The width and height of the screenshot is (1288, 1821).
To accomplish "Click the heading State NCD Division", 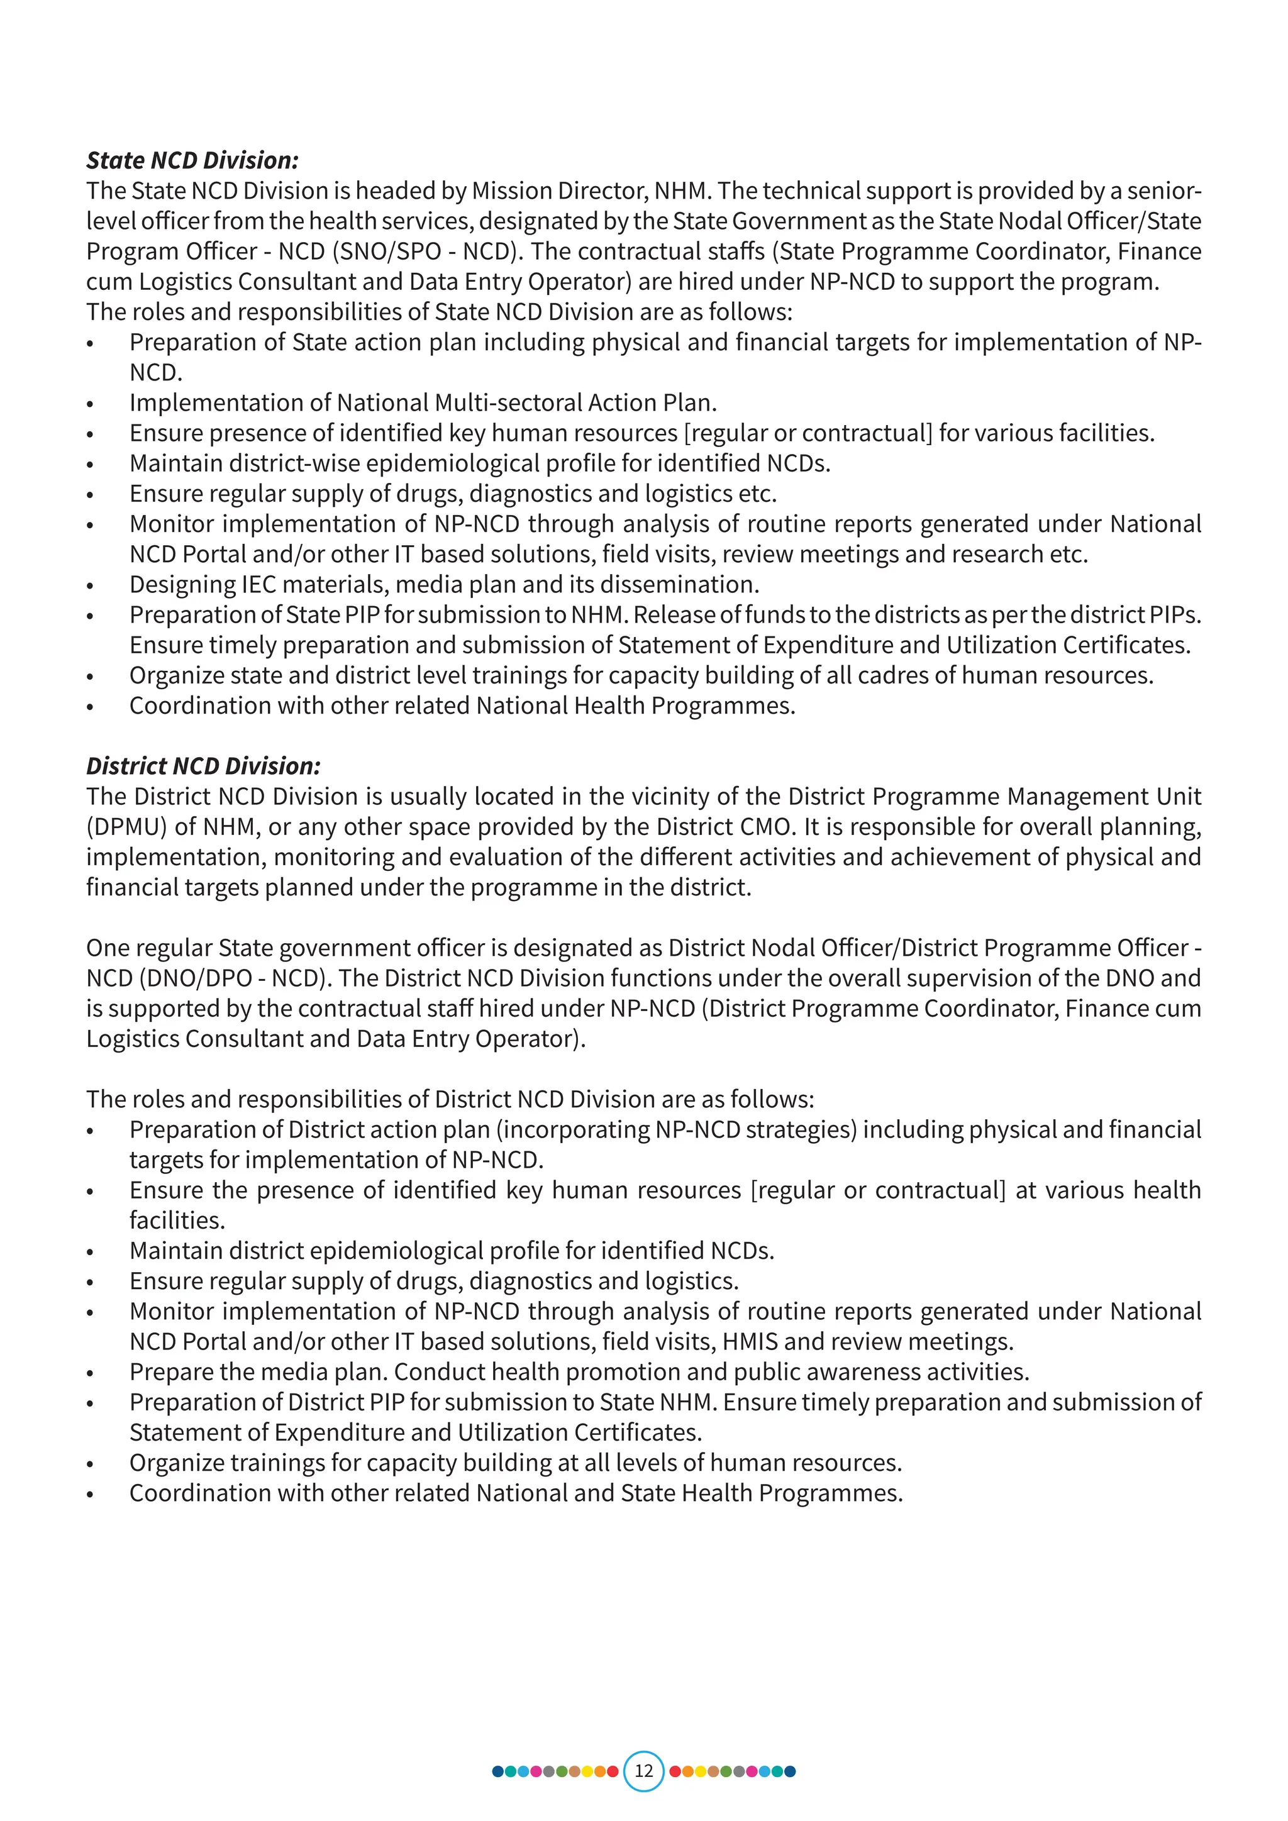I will click(x=192, y=160).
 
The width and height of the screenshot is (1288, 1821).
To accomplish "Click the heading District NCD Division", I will click(x=203, y=766).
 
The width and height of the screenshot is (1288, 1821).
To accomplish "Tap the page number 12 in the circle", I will click(x=643, y=1771).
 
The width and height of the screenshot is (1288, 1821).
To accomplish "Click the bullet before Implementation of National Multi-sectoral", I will click(x=91, y=404).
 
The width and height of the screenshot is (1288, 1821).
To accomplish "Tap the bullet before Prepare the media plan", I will click(x=91, y=1373).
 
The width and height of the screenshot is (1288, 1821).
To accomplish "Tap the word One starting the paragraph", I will click(x=108, y=948).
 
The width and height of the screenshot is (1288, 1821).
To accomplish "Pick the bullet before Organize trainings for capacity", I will click(x=91, y=1463).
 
